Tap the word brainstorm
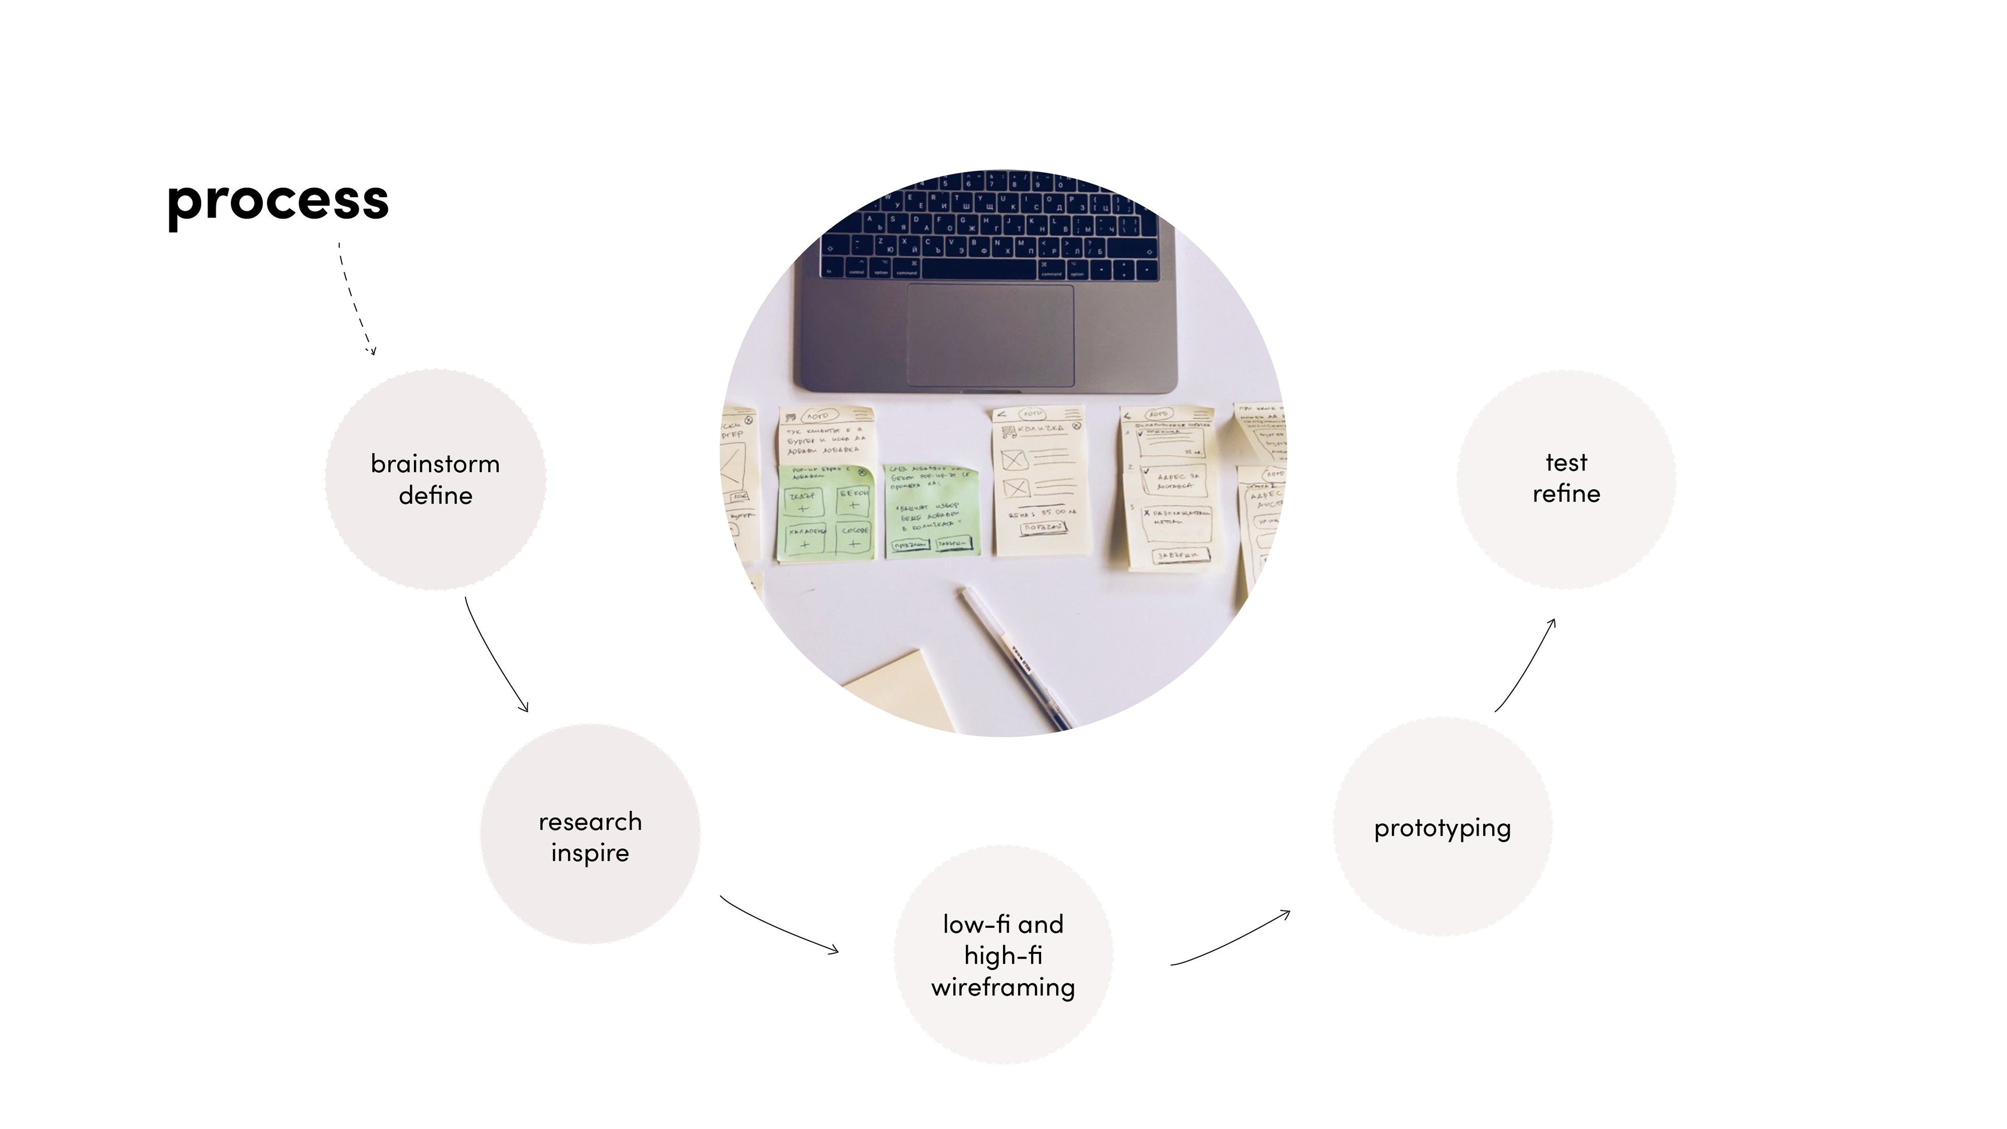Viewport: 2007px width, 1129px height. [435, 464]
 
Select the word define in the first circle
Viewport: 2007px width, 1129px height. [435, 496]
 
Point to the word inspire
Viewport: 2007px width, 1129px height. [590, 853]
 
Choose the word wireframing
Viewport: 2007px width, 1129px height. [1003, 987]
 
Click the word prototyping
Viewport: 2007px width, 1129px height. [1442, 828]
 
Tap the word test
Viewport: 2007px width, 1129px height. [1566, 463]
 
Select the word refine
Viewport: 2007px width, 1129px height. [1566, 494]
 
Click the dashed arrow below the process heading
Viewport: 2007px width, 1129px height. [354, 300]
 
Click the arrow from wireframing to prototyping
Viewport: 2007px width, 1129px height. [1231, 939]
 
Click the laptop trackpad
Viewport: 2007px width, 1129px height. [989, 335]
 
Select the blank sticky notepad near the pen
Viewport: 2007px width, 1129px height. [904, 689]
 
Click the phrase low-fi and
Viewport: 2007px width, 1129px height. [1003, 925]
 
